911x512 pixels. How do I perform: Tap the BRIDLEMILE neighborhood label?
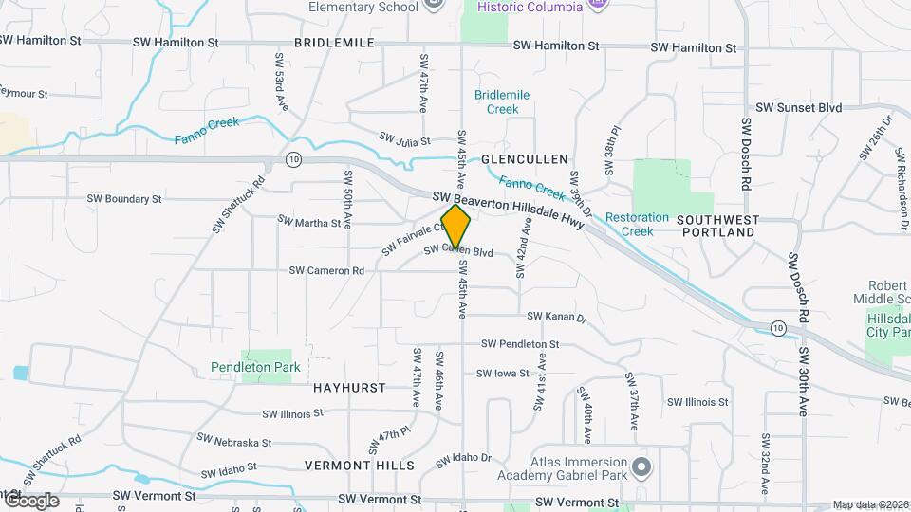pos(334,43)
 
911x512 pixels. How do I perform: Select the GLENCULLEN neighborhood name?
pos(524,159)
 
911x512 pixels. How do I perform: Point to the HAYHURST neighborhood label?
pos(349,388)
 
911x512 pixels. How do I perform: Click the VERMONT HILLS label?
pos(360,466)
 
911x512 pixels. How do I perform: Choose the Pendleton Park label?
pos(255,367)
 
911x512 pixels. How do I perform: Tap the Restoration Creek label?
pos(637,224)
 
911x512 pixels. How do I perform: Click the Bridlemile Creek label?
pos(502,101)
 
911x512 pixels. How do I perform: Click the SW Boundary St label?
pos(124,199)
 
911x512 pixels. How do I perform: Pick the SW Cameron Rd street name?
pos(326,270)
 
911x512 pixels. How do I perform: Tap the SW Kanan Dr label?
pos(557,316)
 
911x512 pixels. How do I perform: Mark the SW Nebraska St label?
pos(233,441)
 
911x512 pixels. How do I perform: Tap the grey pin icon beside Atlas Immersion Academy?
pos(642,466)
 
